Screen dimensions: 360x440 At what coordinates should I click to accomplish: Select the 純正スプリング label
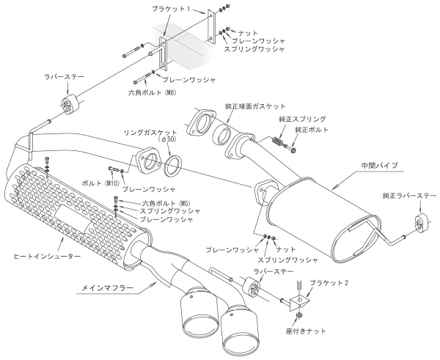(x=302, y=118)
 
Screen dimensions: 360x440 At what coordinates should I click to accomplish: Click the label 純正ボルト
(x=312, y=130)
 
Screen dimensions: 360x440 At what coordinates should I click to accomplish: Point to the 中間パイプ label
(x=378, y=166)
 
